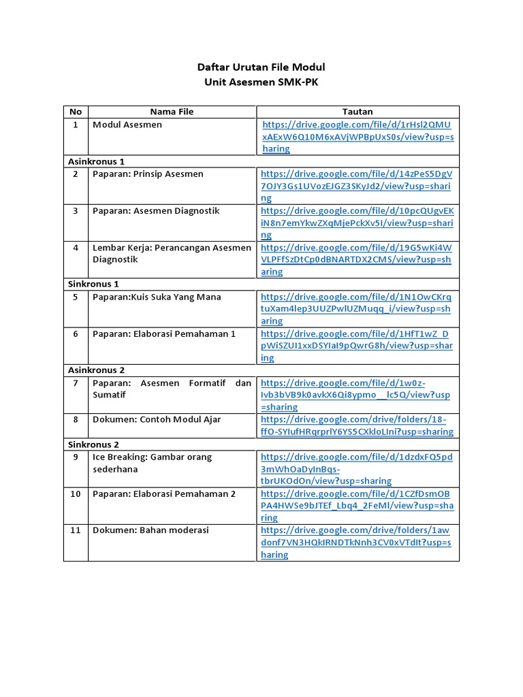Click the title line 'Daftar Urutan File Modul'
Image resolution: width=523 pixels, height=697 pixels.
point(261,67)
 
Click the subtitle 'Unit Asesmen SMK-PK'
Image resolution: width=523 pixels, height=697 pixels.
point(261,82)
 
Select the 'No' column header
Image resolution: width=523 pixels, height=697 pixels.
point(75,112)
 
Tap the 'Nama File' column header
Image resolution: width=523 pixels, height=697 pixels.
point(172,112)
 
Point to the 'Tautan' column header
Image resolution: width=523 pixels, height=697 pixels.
point(357,112)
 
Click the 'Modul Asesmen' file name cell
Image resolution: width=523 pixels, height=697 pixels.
point(127,125)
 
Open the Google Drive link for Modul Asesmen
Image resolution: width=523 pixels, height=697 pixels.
point(357,136)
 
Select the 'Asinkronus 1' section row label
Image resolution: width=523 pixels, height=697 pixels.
point(96,161)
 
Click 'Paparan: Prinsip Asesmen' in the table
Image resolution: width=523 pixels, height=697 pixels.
point(148,174)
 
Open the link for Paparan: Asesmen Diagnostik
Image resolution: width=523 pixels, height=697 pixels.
point(357,223)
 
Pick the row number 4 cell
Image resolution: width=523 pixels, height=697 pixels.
point(76,248)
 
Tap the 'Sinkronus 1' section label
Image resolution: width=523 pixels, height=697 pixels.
point(93,284)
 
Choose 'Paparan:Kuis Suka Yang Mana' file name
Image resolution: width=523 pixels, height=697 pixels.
point(157,297)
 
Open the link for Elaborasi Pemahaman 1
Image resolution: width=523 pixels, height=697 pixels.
point(357,346)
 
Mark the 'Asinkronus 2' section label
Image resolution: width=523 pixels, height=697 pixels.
point(96,370)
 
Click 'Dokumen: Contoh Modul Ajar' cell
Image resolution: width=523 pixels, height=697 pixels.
point(157,419)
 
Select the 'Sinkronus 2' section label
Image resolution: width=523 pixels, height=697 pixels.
point(93,444)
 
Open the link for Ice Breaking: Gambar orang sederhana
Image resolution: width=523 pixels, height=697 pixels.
point(357,469)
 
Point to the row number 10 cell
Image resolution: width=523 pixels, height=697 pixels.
point(76,494)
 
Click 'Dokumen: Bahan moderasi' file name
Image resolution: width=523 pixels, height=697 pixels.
point(150,530)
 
